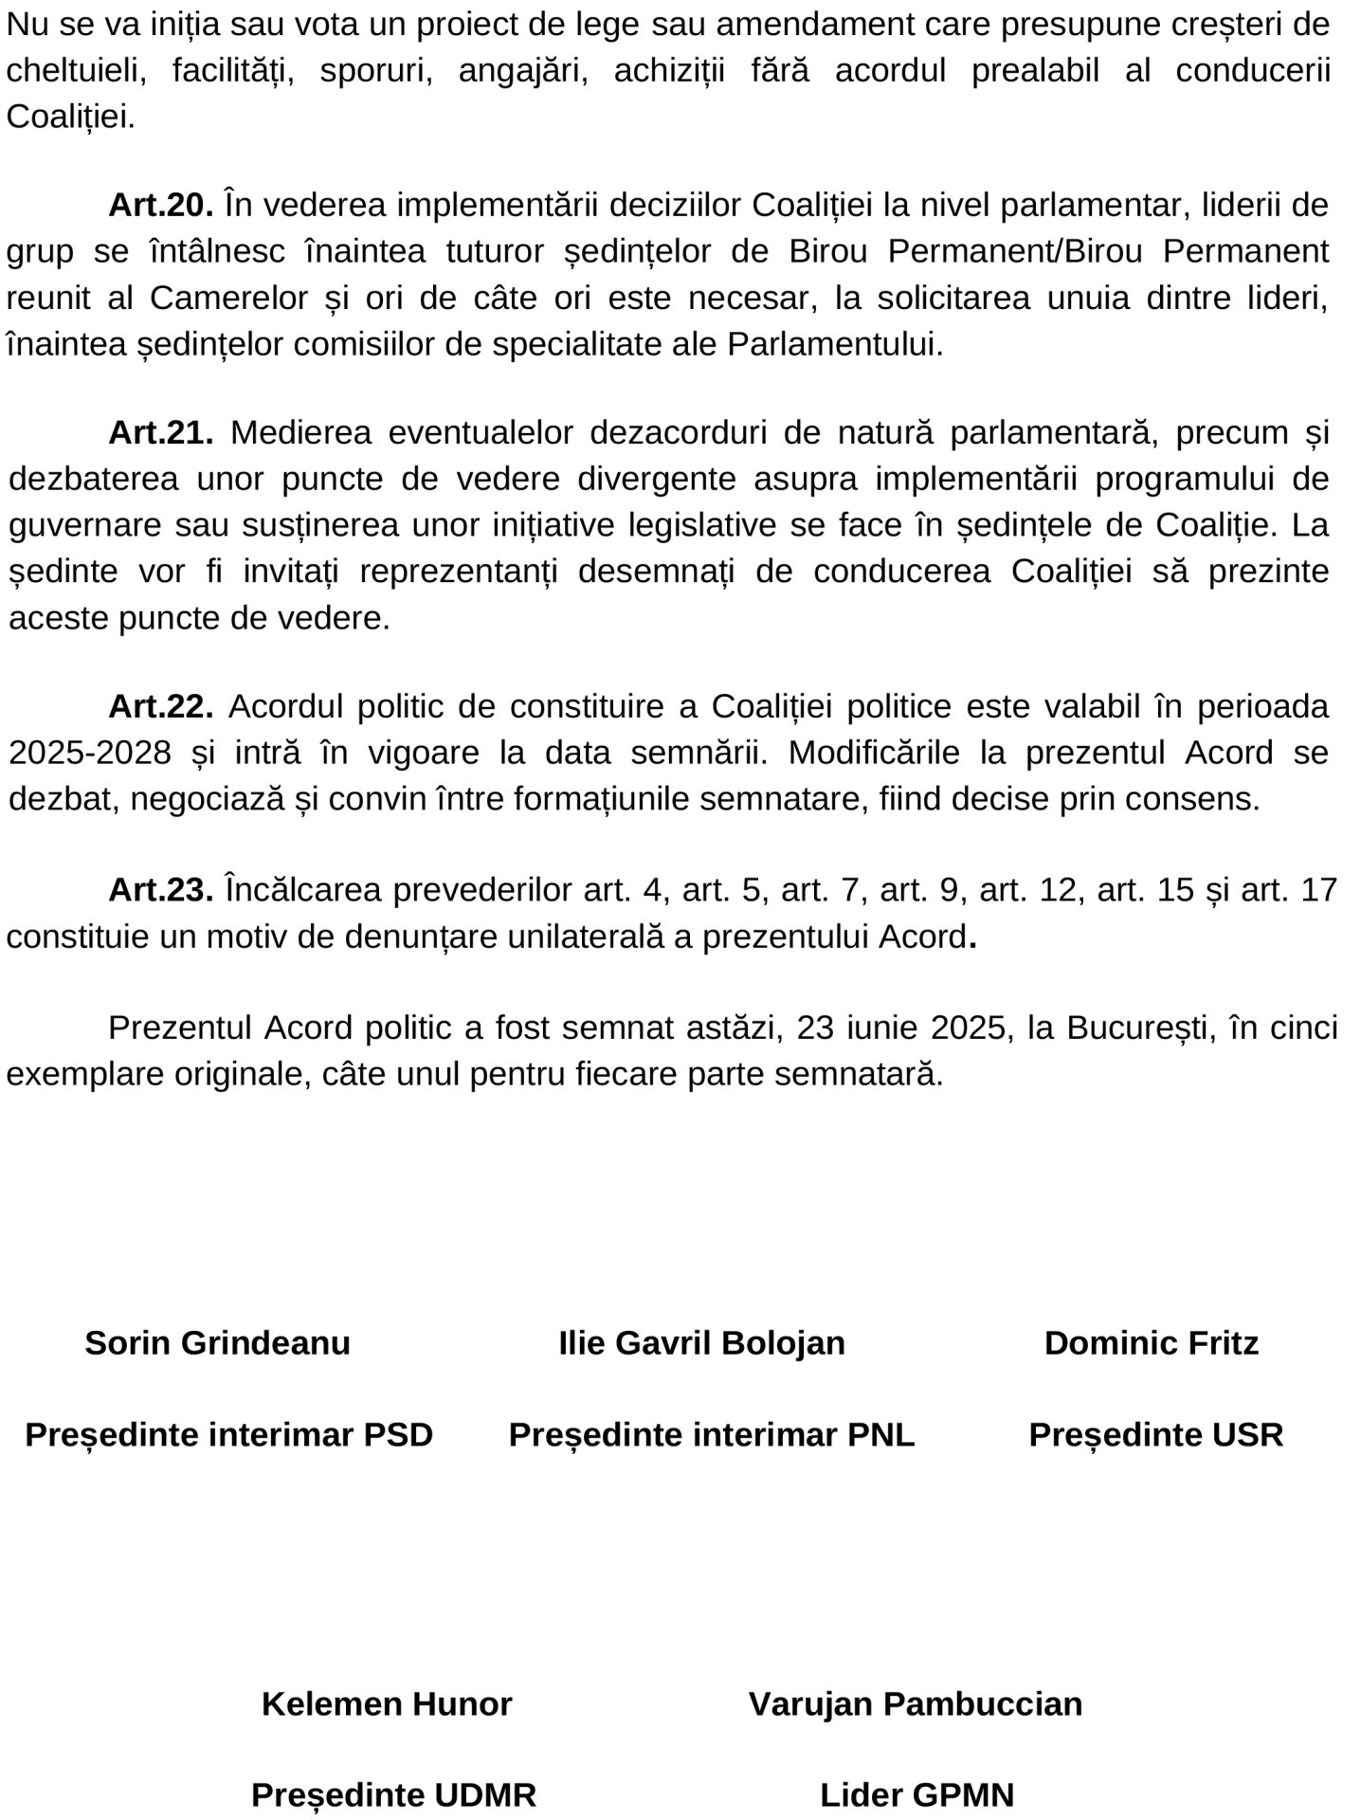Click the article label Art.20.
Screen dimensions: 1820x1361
161,205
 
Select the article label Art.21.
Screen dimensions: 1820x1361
161,432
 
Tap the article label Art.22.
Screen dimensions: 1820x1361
161,706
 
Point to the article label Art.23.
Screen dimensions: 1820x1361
161,890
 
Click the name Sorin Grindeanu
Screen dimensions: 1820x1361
217,1343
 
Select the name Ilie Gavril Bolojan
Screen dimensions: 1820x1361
701,1343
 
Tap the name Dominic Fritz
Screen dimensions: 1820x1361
1151,1343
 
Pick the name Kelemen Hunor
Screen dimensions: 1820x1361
387,1704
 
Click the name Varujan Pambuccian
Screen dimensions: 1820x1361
916,1704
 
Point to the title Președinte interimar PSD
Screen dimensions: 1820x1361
228,1435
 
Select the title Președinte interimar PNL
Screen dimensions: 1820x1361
712,1435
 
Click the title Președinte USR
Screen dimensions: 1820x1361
1155,1435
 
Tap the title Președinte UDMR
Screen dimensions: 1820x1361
393,1794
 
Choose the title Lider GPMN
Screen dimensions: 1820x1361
916,1794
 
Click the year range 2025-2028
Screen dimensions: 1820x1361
90,753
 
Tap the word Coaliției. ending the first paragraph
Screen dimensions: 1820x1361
70,118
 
